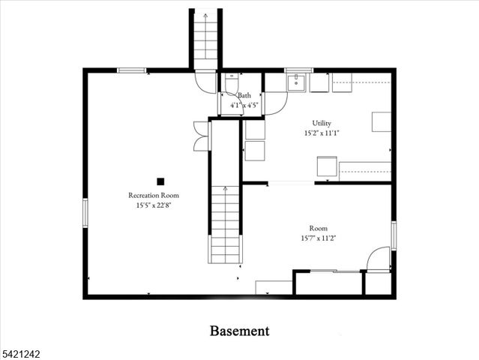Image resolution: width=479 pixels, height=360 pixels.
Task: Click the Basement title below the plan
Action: (x=239, y=330)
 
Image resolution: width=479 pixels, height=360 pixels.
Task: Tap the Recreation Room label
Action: (x=153, y=195)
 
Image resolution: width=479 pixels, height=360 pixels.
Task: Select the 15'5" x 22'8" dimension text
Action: (x=153, y=205)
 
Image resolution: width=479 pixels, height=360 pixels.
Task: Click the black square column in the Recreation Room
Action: (x=160, y=181)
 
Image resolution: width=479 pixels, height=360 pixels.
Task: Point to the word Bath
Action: (x=244, y=96)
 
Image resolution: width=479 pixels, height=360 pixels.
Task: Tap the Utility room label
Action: (x=322, y=123)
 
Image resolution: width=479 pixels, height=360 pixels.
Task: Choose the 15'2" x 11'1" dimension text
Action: (x=322, y=133)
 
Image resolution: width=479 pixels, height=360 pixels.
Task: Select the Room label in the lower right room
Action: (x=318, y=228)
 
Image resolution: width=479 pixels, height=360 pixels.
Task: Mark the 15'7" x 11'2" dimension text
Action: (x=318, y=238)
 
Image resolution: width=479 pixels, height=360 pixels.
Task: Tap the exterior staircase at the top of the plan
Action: (x=205, y=37)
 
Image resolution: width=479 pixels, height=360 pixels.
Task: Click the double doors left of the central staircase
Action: (x=201, y=136)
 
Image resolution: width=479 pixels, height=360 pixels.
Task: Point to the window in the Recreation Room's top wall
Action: (x=131, y=70)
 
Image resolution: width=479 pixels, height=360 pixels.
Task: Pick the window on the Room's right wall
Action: (x=393, y=235)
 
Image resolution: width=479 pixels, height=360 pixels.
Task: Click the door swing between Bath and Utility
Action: (x=274, y=103)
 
